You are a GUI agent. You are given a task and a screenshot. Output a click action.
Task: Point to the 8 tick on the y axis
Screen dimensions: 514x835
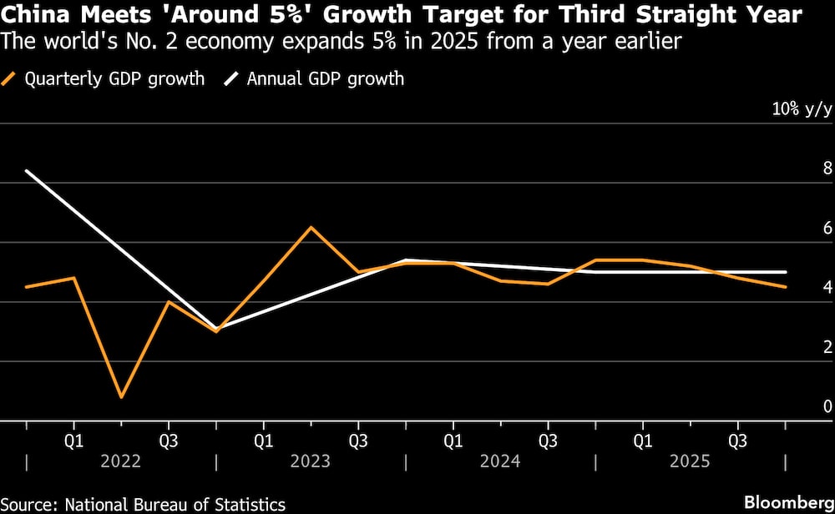[x=827, y=169]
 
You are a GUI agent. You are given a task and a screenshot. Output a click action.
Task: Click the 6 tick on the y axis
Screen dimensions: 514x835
[x=827, y=228]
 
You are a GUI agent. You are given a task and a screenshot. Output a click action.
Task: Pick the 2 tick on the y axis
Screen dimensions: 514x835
[x=827, y=347]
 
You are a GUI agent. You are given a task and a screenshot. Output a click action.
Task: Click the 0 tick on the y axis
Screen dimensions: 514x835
[x=827, y=406]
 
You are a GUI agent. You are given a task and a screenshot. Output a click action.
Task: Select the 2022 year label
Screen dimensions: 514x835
[x=120, y=461]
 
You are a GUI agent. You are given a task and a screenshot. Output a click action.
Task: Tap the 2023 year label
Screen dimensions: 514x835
[x=310, y=461]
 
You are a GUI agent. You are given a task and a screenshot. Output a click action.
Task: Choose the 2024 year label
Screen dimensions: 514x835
[x=499, y=461]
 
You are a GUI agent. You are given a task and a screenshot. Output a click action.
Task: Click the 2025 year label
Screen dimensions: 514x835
[x=689, y=461]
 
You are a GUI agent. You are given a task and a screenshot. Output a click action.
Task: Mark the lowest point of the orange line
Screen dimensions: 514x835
[x=122, y=397]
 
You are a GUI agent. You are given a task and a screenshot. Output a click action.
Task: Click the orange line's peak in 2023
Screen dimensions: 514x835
[x=311, y=227]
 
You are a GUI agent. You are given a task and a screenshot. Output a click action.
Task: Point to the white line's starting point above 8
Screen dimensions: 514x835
[x=27, y=171]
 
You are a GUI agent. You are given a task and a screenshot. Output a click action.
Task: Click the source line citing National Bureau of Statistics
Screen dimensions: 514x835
[x=143, y=504]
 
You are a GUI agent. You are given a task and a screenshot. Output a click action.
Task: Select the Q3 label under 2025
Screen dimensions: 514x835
[x=737, y=438]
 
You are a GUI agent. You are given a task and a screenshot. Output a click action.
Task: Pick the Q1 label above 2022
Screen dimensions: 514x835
[x=73, y=438]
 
